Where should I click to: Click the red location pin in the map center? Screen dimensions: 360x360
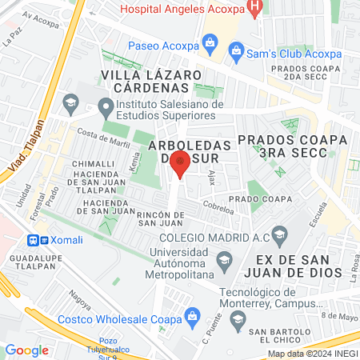(x=180, y=166)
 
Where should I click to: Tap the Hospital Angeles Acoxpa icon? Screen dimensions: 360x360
(x=254, y=10)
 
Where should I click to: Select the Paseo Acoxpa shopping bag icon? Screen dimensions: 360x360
(x=210, y=42)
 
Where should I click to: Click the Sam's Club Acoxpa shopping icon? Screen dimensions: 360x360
(x=237, y=54)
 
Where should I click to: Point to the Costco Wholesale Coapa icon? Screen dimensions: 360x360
(x=192, y=318)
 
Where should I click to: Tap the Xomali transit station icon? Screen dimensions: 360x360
(x=34, y=239)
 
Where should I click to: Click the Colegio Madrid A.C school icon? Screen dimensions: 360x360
(x=279, y=236)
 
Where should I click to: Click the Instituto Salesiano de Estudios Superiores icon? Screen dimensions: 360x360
(x=105, y=106)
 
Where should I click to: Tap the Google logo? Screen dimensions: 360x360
(x=26, y=350)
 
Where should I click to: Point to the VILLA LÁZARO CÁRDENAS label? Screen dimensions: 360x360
(x=150, y=81)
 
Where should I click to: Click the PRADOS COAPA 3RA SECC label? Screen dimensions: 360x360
(x=297, y=145)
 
